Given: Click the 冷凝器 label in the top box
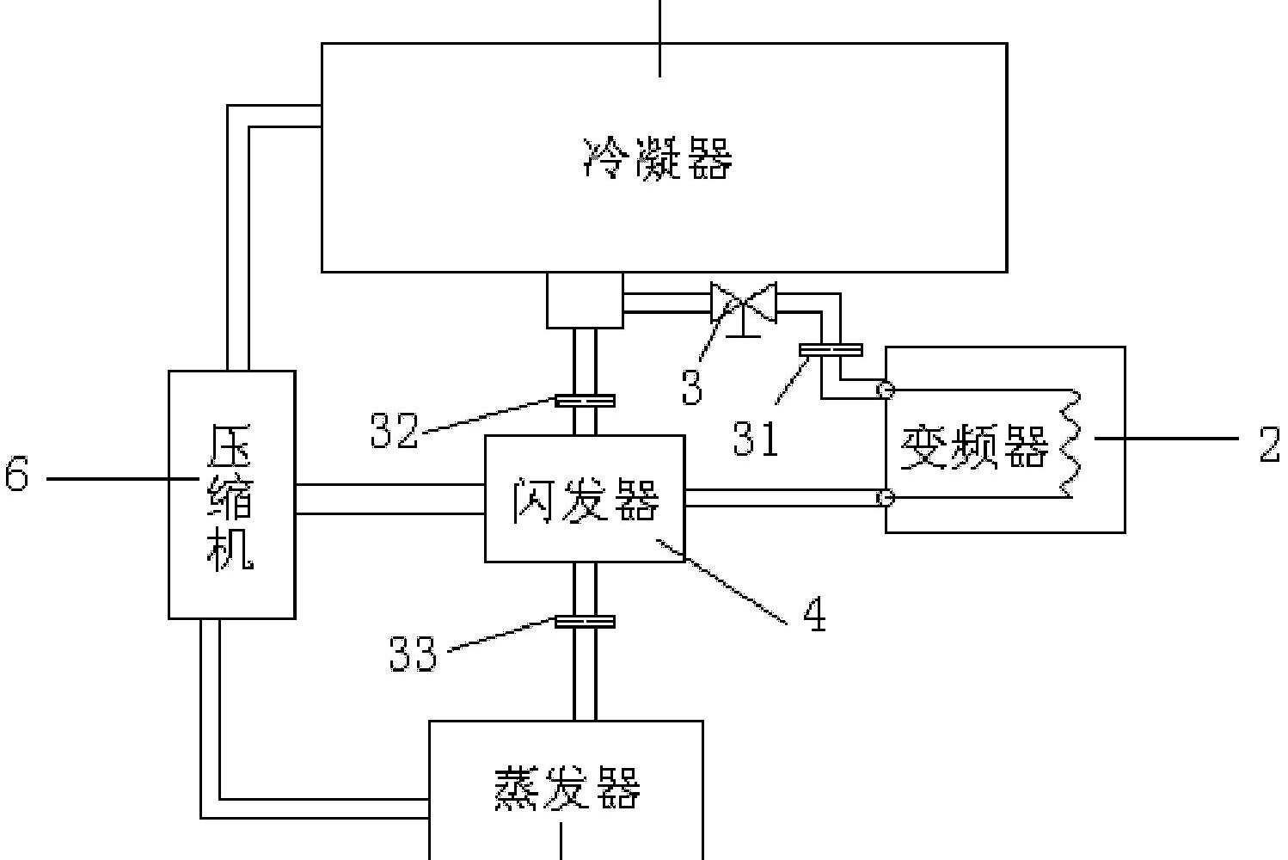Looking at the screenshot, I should [658, 159].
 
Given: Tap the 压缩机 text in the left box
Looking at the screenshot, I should [231, 496].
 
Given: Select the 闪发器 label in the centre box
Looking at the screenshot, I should [586, 500].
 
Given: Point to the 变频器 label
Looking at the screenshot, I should [975, 447].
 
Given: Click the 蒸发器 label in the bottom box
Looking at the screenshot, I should [567, 788].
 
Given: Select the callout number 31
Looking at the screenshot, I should [756, 438].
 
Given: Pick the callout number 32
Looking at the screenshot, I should [394, 430].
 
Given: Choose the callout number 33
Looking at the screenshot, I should [413, 654].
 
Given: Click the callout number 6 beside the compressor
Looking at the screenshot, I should [16, 476].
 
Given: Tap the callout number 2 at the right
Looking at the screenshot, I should [1269, 445].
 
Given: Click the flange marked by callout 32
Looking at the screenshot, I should [585, 400].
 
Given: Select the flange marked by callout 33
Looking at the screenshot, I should [585, 622].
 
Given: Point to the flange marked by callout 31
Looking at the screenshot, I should [831, 349].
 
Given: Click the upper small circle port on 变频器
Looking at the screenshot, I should [886, 390].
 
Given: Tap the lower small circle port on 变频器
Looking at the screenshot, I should [886, 498].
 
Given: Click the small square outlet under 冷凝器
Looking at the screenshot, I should [585, 300].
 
